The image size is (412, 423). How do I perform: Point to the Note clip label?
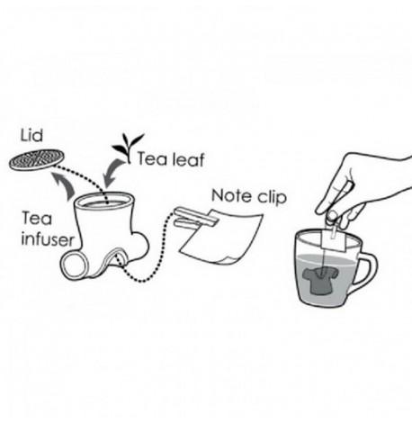(246, 195)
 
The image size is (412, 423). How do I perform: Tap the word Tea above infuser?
(35, 218)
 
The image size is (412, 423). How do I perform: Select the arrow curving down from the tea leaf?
(118, 171)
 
